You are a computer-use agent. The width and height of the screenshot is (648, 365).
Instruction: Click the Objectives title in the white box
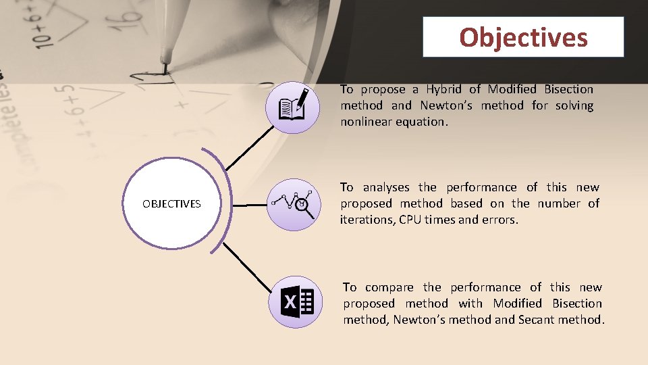pyautogui.click(x=523, y=37)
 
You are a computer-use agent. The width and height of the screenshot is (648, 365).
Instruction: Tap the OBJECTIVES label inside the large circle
pyautogui.click(x=171, y=203)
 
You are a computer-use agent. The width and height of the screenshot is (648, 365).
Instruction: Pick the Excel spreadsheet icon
pyautogui.click(x=292, y=301)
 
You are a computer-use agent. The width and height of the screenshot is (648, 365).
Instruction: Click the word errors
pyautogui.click(x=500, y=220)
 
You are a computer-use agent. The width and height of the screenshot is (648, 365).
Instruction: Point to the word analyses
pyautogui.click(x=387, y=187)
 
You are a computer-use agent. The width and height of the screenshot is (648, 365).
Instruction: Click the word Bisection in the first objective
pyautogui.click(x=568, y=89)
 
